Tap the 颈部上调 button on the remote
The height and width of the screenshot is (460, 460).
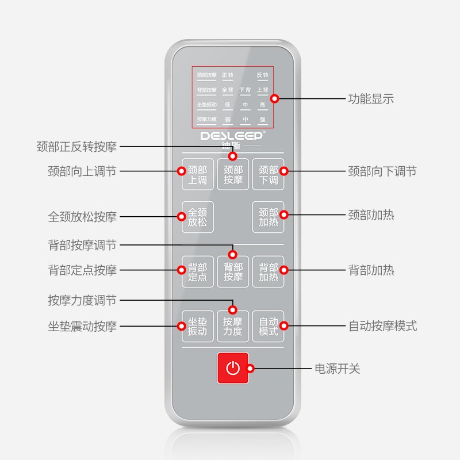click(x=197, y=174)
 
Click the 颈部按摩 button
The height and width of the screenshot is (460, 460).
click(x=233, y=175)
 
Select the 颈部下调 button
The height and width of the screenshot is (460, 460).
click(x=268, y=174)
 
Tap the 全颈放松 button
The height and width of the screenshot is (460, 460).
click(x=197, y=217)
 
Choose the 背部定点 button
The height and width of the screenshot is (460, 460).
click(x=197, y=271)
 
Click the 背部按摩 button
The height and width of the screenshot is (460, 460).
click(x=233, y=271)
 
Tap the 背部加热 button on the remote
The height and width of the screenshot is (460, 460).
click(x=268, y=271)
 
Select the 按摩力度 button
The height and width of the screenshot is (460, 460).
click(x=233, y=326)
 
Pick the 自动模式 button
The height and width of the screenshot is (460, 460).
click(x=268, y=326)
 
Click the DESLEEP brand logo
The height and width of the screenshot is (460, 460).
click(x=233, y=137)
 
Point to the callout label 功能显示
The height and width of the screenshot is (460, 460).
click(x=371, y=98)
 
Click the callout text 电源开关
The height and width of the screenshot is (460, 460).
click(x=337, y=369)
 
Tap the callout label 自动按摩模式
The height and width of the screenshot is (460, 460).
click(x=382, y=326)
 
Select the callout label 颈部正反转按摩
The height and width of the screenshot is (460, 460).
click(x=76, y=147)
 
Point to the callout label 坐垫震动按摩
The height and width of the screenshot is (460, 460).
click(x=82, y=326)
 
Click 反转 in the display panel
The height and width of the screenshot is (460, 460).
click(x=262, y=75)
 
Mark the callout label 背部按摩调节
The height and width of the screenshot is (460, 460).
click(x=82, y=246)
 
